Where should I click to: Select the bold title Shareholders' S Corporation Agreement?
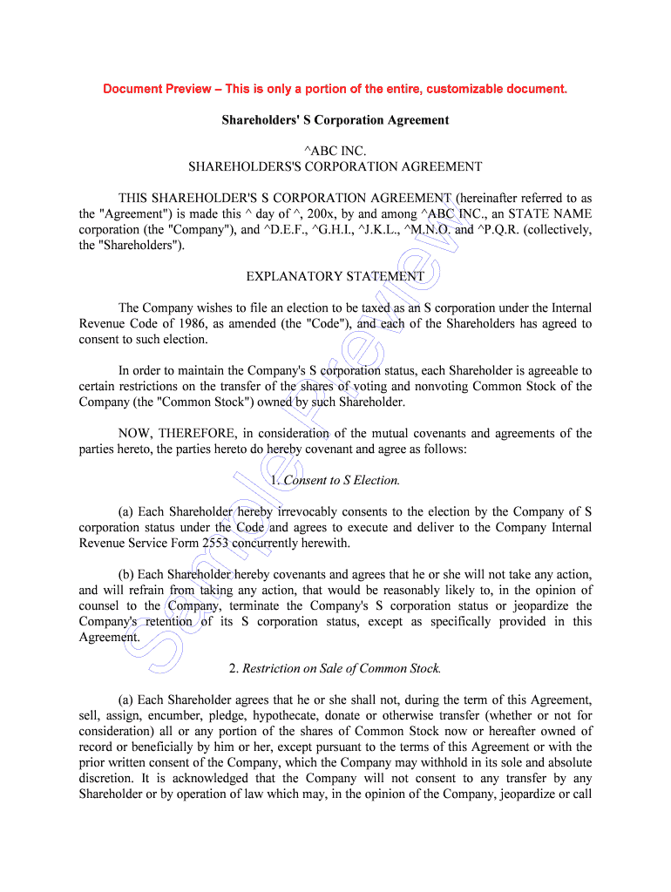[335, 120]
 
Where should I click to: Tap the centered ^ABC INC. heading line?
[335, 152]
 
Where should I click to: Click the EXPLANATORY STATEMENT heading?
[335, 277]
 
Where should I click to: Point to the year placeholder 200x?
[329, 214]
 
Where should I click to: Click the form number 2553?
[215, 544]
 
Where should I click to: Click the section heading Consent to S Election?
[342, 481]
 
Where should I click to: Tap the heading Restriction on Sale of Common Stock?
[342, 669]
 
